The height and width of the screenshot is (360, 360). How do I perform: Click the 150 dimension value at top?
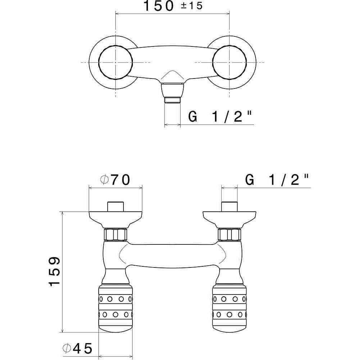[158, 6]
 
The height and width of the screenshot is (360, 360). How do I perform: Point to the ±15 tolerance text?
[192, 6]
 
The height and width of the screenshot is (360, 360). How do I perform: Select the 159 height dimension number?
[54, 271]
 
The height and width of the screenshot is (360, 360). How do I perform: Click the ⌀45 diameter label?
[77, 348]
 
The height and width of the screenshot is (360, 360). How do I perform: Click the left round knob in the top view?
[116, 62]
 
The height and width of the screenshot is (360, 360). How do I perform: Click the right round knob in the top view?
[229, 62]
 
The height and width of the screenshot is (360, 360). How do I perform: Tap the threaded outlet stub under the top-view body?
[172, 100]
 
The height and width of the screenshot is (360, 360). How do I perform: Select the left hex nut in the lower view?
[115, 234]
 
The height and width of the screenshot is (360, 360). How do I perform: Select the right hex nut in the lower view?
[229, 234]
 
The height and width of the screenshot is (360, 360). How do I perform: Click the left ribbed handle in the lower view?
[116, 308]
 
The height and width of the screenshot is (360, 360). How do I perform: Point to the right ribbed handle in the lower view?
[229, 308]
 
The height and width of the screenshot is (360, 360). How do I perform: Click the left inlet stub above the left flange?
[116, 206]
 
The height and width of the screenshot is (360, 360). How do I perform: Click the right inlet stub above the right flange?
[229, 206]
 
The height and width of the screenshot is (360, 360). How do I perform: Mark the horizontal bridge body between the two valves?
[172, 255]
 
